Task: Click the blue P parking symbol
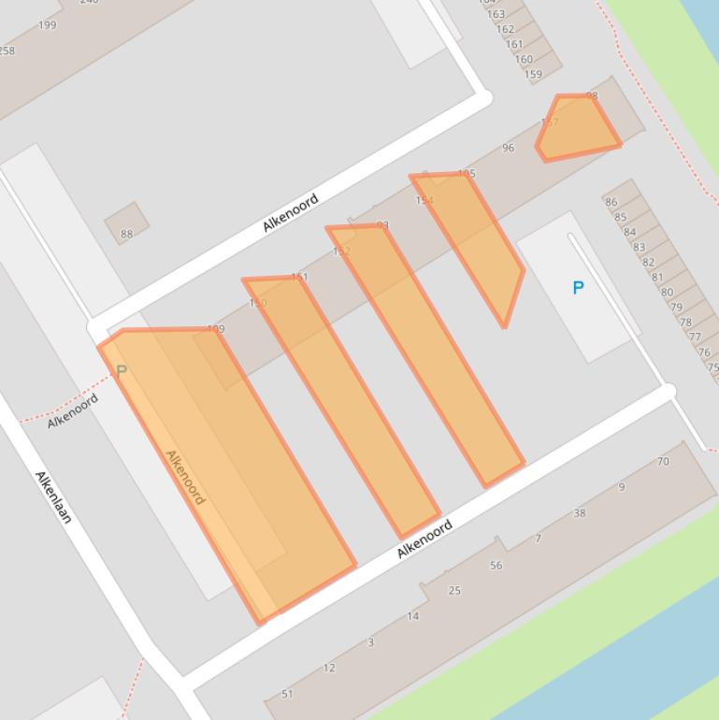pos(578,288)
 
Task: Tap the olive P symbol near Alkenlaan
pos(121,372)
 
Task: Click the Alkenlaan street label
pos(53,497)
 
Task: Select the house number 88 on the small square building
pos(126,234)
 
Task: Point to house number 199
pos(47,25)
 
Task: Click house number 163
pos(496,14)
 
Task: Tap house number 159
pos(533,75)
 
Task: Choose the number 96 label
pos(508,148)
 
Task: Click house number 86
pos(611,202)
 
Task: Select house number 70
pos(663,461)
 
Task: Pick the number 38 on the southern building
pos(580,512)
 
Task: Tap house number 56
pos(496,565)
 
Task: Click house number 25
pos(454,590)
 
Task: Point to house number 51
pos(287,694)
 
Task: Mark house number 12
pos(328,668)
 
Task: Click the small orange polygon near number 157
pos(578,128)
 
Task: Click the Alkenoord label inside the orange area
pos(184,477)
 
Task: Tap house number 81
pos(657,277)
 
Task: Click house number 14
pos(412,615)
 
